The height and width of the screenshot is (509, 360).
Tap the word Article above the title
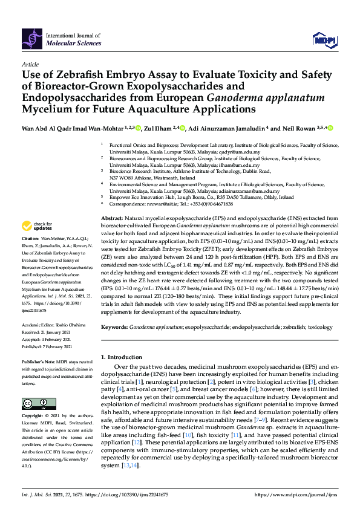coord(30,63)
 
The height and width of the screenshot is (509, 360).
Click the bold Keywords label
coord(115,326)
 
